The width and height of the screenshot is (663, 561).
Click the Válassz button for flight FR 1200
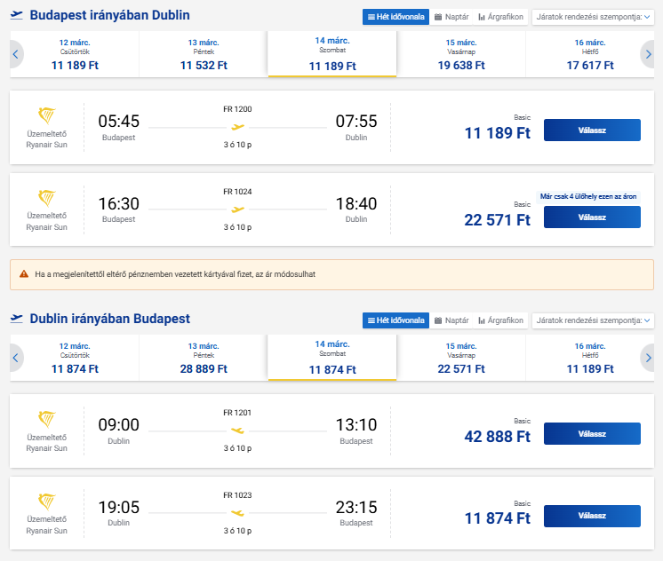pos(591,130)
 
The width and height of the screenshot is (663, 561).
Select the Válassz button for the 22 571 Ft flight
pos(591,217)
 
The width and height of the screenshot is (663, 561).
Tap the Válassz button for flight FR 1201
pos(591,433)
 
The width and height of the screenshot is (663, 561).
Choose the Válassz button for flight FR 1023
pos(591,516)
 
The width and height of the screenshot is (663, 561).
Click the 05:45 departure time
pos(118,121)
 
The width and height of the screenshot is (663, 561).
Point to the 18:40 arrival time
pos(355,203)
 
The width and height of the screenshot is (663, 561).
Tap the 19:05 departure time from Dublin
pos(118,508)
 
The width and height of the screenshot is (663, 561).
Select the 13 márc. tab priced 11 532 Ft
pos(204,54)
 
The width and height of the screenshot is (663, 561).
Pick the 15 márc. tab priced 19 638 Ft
pos(461,54)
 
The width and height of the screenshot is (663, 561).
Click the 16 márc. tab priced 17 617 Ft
pos(590,54)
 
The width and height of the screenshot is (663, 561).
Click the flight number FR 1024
pos(237,191)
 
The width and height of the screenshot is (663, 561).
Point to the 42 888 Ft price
pos(497,436)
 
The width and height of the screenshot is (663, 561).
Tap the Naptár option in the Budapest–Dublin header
pos(451,17)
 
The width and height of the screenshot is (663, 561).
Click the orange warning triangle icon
pos(24,274)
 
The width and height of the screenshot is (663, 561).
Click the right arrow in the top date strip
pos(648,55)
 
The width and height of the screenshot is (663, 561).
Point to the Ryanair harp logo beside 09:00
pos(47,420)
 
